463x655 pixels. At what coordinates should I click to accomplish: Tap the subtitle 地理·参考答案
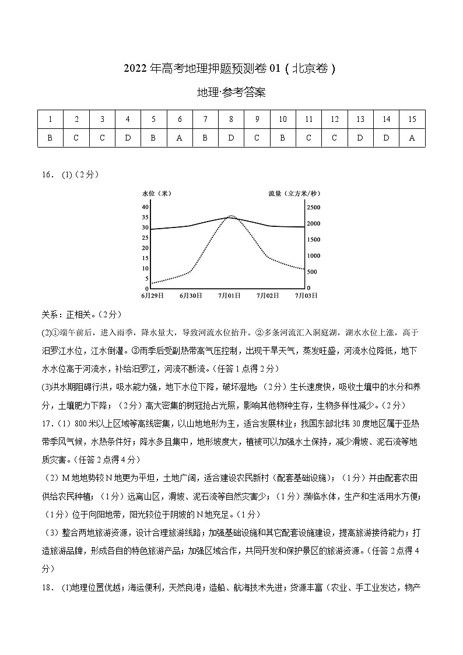click(x=232, y=93)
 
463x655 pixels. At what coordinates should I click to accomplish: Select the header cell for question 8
click(x=232, y=119)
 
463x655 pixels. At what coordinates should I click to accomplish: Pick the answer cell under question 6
click(x=180, y=138)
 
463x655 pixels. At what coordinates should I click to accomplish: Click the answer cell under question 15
click(x=412, y=138)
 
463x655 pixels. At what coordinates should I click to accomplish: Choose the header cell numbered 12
click(x=335, y=119)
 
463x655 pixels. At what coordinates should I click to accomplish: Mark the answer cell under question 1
click(x=51, y=138)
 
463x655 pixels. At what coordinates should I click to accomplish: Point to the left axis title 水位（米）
click(x=156, y=192)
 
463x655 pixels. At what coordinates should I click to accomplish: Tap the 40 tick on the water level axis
click(x=145, y=207)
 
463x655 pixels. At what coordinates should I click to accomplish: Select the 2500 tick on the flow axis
click(x=313, y=207)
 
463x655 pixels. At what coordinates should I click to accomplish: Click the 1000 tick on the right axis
click(x=313, y=256)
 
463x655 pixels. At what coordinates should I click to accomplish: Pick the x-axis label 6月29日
click(x=152, y=296)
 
